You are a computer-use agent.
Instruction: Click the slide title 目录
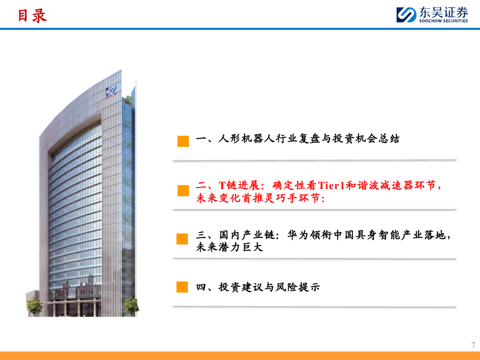coord(32,15)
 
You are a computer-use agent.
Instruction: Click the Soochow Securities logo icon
coord(406,15)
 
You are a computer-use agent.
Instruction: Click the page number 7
coord(473,345)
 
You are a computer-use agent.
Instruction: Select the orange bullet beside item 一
coord(183,141)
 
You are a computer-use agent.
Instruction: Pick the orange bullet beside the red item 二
coord(183,191)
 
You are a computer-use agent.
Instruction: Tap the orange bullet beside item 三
coord(182,239)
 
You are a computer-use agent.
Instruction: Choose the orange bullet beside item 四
coord(182,287)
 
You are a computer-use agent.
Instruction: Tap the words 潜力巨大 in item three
coord(241,247)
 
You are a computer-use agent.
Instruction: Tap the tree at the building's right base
coord(131,306)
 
